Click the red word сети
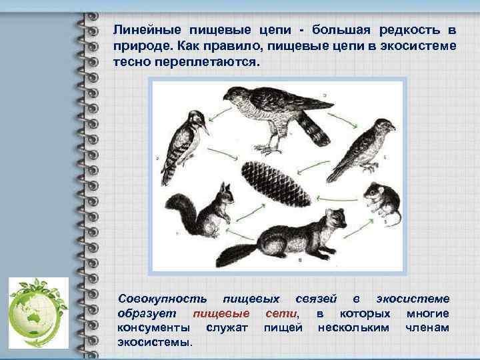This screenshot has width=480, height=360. pyautogui.click(x=281, y=313)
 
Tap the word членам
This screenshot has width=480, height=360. pyautogui.click(x=427, y=327)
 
